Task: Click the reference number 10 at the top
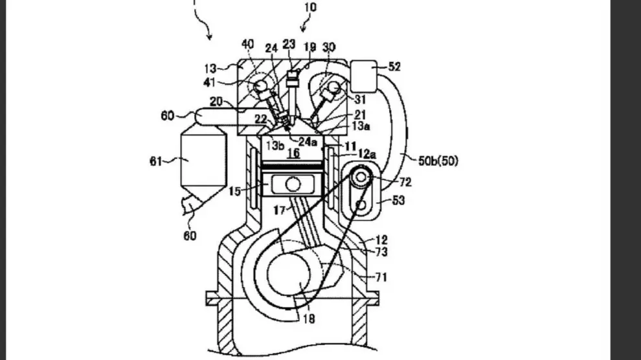point(310,8)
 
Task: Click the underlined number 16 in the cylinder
point(293,153)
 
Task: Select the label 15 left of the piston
point(233,191)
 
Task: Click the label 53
point(399,201)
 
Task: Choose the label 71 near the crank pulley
point(381,277)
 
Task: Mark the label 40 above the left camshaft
point(248,44)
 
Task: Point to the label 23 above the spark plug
point(289,45)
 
